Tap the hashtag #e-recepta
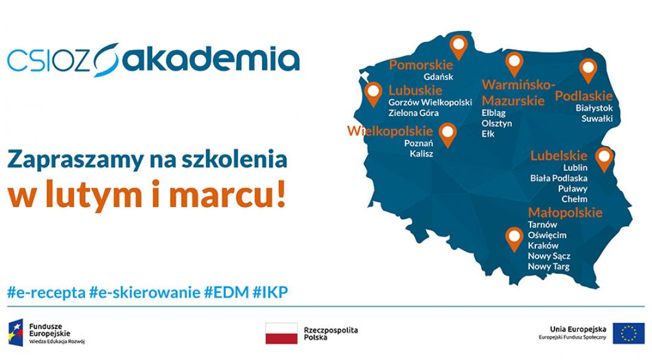[46, 292]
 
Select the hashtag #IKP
[271, 292]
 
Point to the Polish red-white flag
[281, 333]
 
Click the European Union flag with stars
[628, 333]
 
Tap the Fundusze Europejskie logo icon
[17, 333]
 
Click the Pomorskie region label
[421, 65]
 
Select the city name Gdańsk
[439, 77]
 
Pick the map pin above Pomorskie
[458, 44]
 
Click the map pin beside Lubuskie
[373, 92]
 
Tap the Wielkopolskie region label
[390, 131]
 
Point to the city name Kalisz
[421, 154]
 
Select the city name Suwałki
[597, 119]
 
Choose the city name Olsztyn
[497, 124]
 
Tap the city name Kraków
[543, 245]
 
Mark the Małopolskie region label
[565, 213]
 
